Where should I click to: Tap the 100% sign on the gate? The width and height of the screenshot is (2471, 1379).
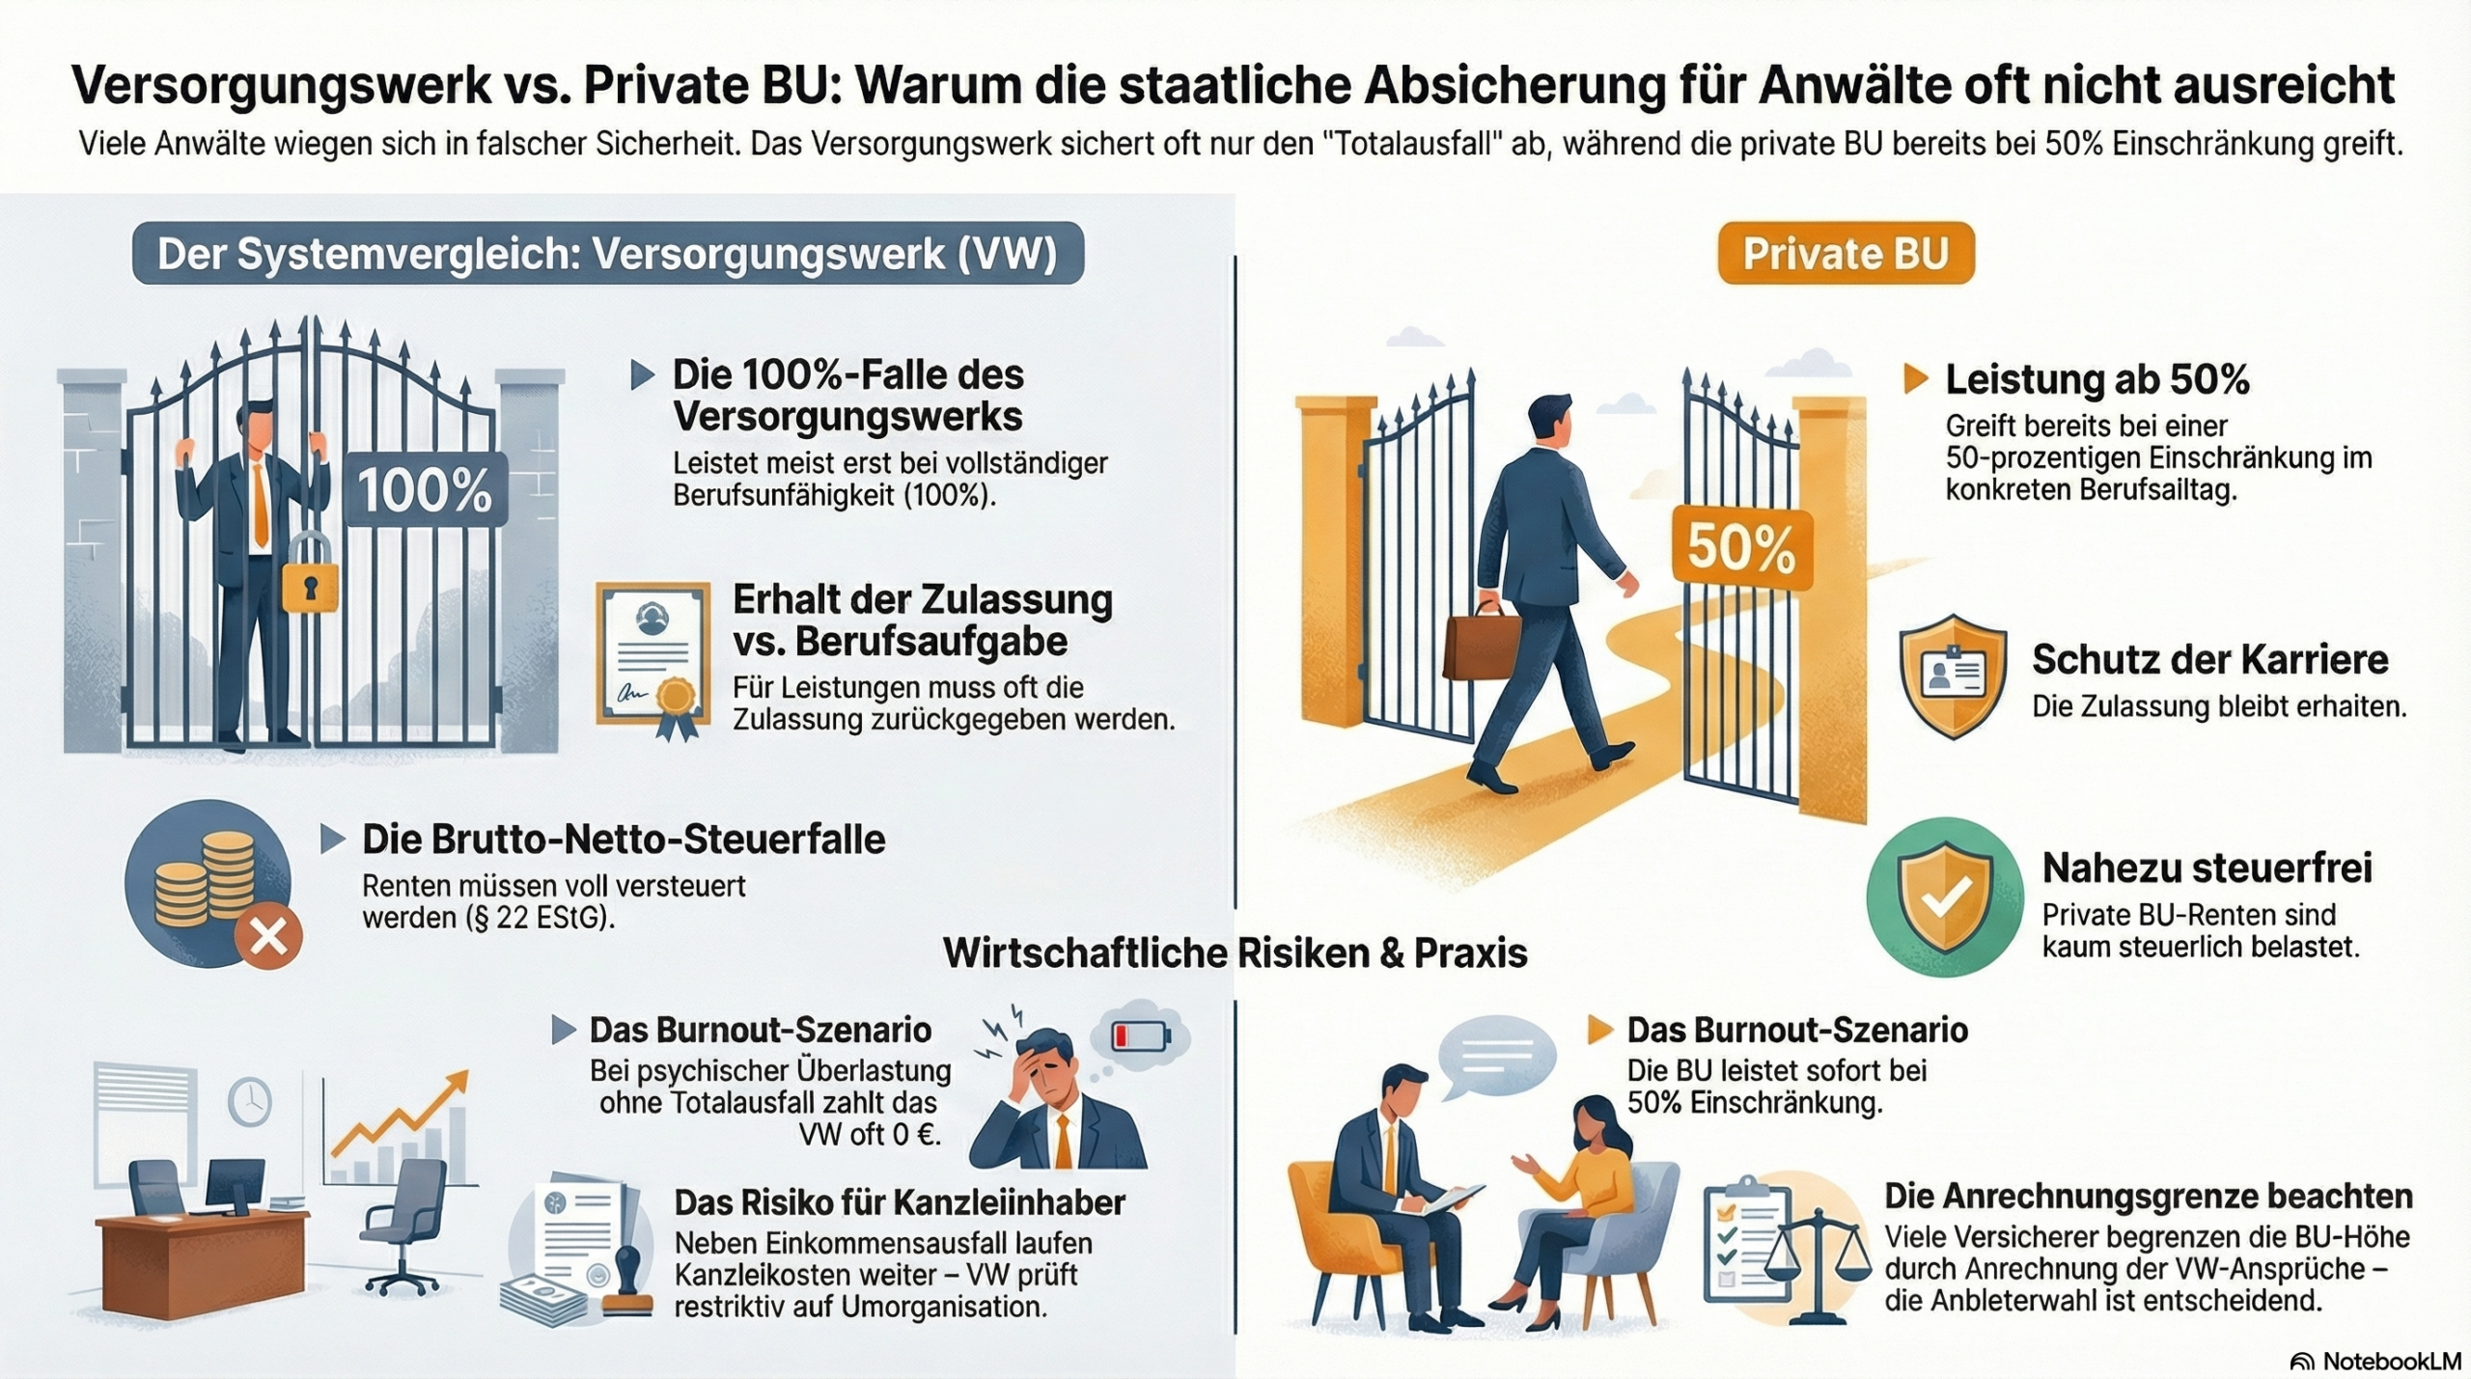point(426,489)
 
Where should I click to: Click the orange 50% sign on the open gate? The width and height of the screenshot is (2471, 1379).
point(1742,548)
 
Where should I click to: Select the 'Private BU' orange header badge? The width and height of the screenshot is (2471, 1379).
point(1846,254)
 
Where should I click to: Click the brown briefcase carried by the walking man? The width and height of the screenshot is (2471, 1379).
point(1482,643)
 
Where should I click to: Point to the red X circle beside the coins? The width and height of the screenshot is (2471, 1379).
point(269,935)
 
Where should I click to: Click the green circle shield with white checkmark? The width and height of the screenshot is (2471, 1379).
point(1945,897)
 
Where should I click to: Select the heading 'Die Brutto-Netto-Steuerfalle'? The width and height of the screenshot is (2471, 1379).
point(624,840)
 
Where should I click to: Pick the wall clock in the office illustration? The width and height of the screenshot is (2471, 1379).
point(250,1100)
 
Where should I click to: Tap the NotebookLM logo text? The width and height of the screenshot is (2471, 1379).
point(2392,1361)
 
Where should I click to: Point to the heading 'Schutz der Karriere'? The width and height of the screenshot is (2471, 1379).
point(2209,660)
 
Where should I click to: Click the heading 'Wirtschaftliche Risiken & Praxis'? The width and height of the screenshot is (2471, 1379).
point(1235,953)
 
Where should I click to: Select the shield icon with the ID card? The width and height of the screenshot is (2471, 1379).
point(1952,676)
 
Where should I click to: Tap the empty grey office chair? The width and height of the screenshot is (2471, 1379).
point(402,1227)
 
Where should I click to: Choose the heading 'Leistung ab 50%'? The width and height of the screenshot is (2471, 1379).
point(2096,379)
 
